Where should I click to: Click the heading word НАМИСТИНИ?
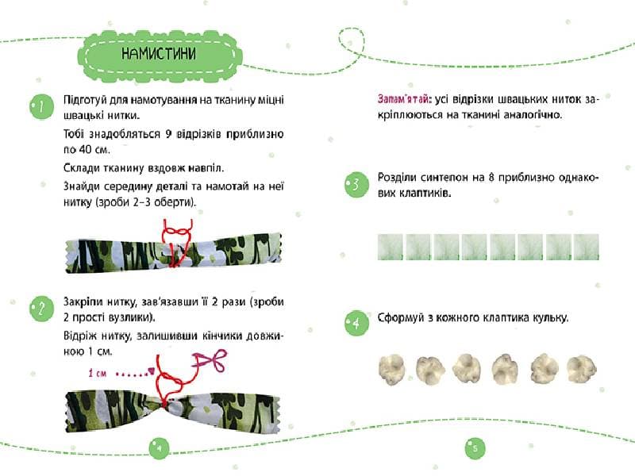158,53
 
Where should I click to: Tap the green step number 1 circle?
42,106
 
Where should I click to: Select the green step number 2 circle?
42,309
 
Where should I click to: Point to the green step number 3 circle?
356,184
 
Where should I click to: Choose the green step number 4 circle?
356,323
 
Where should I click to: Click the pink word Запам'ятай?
403,99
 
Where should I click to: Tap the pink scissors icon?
210,360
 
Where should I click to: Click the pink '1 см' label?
97,373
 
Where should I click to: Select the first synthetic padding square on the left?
390,247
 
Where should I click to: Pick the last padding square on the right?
587,247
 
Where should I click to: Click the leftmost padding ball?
391,370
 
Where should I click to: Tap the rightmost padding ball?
582,370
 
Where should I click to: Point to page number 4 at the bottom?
159,448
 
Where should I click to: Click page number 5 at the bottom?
475,448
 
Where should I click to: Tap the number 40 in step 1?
86,149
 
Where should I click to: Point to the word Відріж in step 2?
79,336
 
